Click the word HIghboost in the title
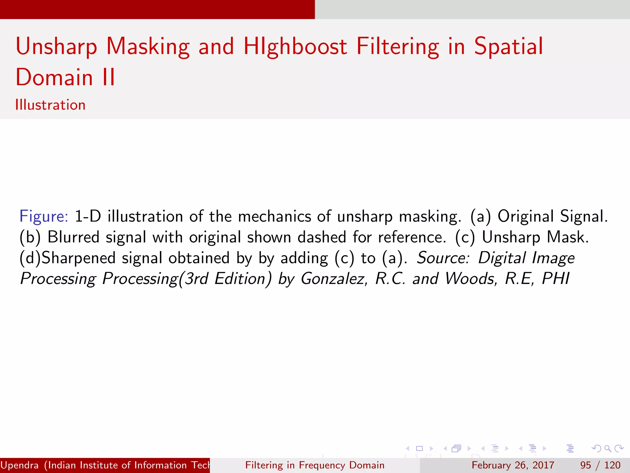click(295, 47)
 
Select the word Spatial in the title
click(508, 47)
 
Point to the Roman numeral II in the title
click(109, 77)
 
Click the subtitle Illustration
click(50, 105)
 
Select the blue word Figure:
click(44, 216)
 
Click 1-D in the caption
click(88, 216)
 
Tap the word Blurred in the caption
click(73, 237)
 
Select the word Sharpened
click(78, 258)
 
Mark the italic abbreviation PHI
click(556, 279)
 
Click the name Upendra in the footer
click(19, 465)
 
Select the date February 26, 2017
click(513, 465)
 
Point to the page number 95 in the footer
click(585, 465)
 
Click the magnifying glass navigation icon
click(608, 448)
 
